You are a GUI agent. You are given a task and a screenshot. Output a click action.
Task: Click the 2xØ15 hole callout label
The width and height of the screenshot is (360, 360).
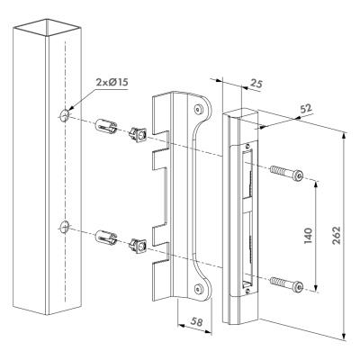coord(112,82)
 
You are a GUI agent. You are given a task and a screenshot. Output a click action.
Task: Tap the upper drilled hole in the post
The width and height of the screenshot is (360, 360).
coord(65,115)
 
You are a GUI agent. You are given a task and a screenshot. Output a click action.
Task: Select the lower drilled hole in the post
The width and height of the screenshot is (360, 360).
coord(65,227)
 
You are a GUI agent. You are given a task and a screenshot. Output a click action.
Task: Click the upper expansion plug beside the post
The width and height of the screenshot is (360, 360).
coord(106,127)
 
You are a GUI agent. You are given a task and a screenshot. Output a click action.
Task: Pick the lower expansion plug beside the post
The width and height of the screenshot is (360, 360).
coord(106,238)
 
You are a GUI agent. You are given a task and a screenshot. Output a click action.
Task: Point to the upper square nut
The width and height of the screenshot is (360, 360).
coord(138,134)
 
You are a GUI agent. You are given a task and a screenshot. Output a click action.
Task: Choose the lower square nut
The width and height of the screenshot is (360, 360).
coord(138,246)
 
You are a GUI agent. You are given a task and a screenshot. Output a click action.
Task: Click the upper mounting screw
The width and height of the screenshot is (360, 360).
coord(286,173)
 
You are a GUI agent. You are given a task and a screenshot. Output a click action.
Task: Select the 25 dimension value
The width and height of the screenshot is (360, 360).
coord(256,85)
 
